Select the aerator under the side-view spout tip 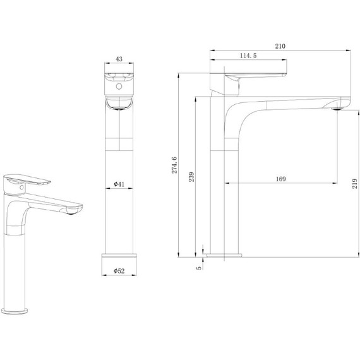337,109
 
